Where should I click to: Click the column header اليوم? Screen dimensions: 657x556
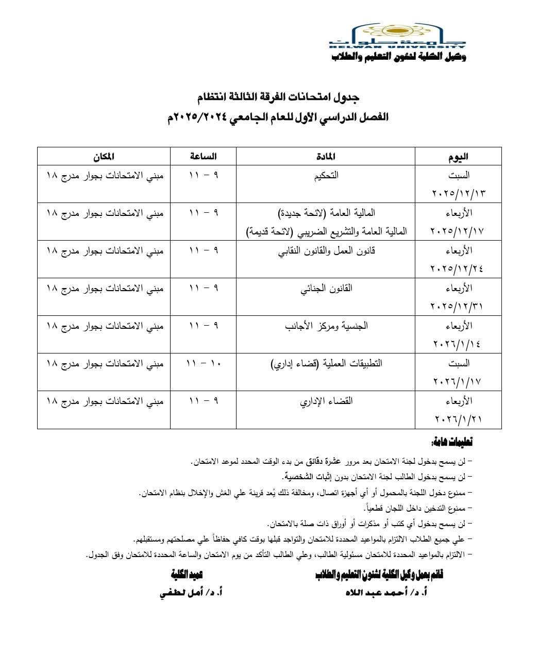[x=458, y=157]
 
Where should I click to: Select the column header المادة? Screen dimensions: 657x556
[x=326, y=157]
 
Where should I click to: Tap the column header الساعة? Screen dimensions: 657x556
[x=203, y=156]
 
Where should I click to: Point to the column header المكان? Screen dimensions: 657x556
[x=103, y=156]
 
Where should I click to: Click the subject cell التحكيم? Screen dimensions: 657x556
[x=326, y=175]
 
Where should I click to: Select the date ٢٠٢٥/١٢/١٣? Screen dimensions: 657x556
[x=458, y=194]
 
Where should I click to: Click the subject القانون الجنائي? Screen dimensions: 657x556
[x=326, y=288]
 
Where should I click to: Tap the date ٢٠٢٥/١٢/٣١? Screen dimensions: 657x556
[x=458, y=307]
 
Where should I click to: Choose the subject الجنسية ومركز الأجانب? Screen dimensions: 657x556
[x=326, y=326]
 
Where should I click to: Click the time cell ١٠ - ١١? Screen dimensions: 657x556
[x=203, y=363]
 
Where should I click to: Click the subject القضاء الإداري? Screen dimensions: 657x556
[x=326, y=401]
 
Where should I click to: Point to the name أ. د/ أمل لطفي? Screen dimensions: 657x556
[x=190, y=593]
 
